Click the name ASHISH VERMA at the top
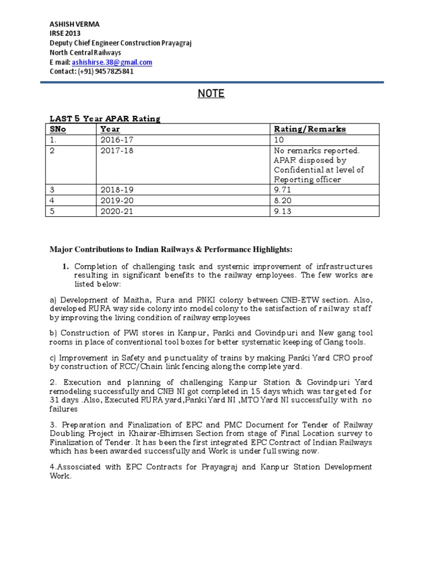(72, 24)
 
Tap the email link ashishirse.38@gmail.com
(112, 63)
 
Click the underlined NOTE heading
(211, 94)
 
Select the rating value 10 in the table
(277, 139)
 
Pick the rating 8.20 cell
(281, 201)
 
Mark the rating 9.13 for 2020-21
(281, 211)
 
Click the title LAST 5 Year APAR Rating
(105, 119)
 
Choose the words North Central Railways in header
(85, 53)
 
